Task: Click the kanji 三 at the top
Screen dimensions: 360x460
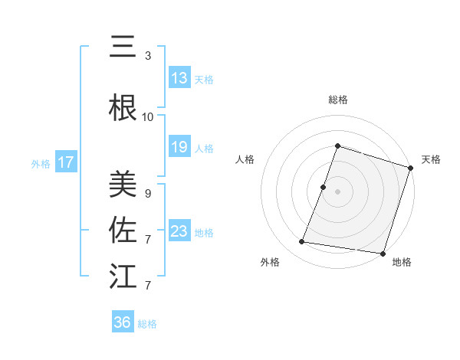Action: tap(123, 47)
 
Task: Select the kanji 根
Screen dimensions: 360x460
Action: tap(123, 109)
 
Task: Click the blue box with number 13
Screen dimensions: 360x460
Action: tap(179, 78)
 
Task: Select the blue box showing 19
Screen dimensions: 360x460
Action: tap(179, 148)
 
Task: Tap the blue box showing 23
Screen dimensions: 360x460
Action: tap(179, 231)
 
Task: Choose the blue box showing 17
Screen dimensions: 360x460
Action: tap(66, 162)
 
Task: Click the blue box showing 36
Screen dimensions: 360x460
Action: tap(123, 322)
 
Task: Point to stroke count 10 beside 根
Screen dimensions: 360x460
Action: tap(148, 117)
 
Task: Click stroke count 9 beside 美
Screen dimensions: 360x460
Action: tap(148, 194)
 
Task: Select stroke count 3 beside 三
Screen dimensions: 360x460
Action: tap(148, 56)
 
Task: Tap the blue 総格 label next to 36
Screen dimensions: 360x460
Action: tap(147, 324)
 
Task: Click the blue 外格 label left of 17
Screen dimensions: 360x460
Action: tap(41, 163)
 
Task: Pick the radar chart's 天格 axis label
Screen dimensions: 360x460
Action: tap(431, 159)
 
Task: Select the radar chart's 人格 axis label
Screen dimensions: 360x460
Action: tap(245, 159)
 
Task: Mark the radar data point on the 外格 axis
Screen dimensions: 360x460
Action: tap(302, 242)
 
